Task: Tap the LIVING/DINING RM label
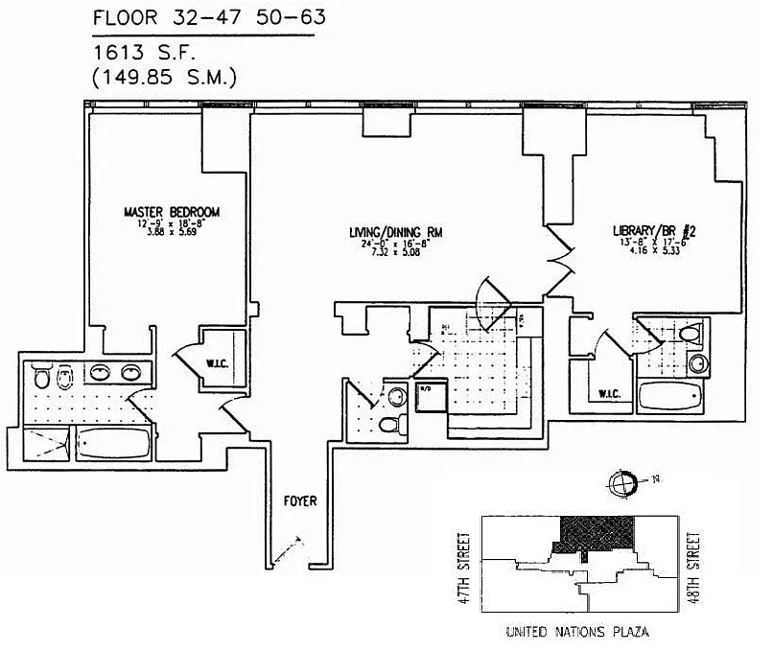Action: tap(400, 231)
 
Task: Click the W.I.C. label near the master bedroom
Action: tap(217, 362)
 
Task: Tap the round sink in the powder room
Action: tap(397, 396)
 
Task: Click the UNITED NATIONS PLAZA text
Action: tap(574, 635)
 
